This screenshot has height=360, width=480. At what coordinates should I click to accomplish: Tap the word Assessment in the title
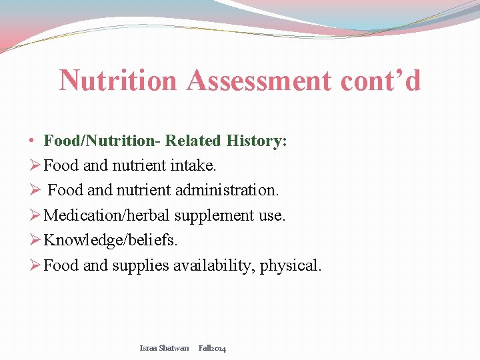coord(259,81)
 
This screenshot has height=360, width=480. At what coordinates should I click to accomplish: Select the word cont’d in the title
coord(381,81)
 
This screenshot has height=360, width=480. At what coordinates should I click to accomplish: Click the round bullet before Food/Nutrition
coord(32,141)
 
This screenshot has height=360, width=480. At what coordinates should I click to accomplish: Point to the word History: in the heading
coord(257,141)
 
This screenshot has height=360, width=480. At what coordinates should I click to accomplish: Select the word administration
coord(227,190)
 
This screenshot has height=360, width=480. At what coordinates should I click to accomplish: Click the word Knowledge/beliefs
coord(105,240)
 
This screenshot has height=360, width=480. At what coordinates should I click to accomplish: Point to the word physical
coord(291,265)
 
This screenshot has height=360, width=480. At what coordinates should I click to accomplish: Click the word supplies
coord(140,265)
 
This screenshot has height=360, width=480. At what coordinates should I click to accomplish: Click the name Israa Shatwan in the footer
coord(164,348)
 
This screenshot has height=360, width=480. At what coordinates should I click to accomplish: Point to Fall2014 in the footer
coord(212,348)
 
